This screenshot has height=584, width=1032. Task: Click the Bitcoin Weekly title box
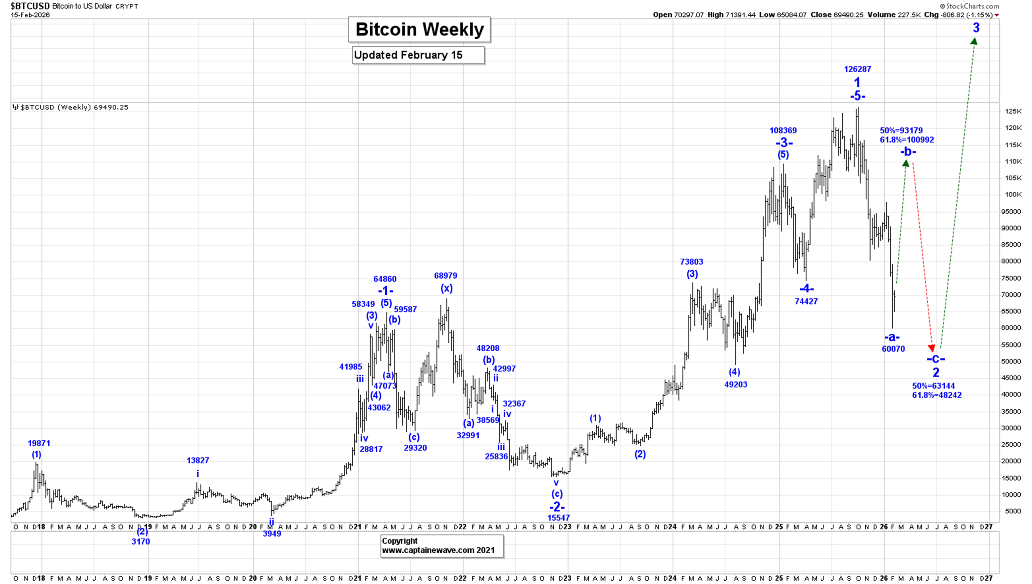click(419, 30)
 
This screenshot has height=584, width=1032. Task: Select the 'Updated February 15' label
click(418, 55)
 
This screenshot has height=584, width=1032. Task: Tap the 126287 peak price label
click(857, 69)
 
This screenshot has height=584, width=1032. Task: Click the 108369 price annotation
click(783, 131)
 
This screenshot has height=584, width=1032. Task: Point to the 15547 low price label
click(558, 518)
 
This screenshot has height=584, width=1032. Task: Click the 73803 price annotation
click(691, 262)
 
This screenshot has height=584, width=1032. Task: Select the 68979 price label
click(445, 276)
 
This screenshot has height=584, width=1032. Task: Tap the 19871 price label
click(39, 443)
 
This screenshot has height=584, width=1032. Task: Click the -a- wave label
click(892, 337)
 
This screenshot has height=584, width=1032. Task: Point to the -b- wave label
click(908, 151)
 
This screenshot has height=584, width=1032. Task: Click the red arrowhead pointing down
click(932, 348)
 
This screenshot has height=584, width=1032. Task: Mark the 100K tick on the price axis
click(1013, 195)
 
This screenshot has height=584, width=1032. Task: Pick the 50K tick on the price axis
click(1013, 362)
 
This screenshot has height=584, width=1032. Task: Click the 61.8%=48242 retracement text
click(937, 395)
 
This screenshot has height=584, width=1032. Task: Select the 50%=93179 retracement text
click(901, 131)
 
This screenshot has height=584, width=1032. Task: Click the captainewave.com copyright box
click(442, 546)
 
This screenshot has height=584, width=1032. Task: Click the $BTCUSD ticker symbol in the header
click(30, 6)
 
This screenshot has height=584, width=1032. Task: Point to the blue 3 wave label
click(976, 28)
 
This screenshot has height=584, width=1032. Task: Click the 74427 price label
click(806, 301)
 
